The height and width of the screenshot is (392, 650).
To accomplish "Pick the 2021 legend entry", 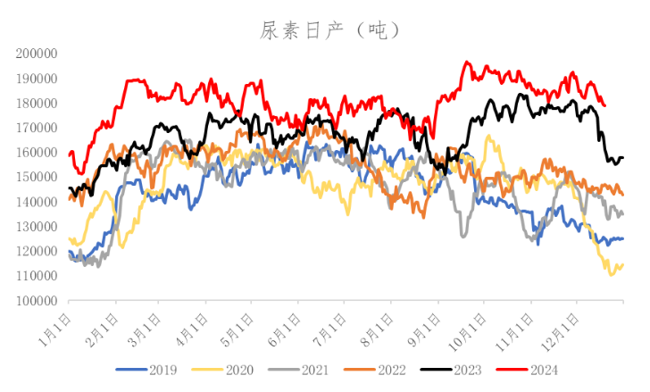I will [312, 369].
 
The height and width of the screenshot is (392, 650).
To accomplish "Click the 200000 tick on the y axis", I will [37, 54].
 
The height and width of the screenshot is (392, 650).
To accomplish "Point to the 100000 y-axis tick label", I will [37, 301].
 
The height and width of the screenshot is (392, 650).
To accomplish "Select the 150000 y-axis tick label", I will [37, 178].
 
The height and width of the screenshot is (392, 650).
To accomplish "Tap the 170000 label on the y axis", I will [37, 128].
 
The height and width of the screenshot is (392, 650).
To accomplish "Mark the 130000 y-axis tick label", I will [37, 227].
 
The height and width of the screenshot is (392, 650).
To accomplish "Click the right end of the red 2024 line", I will [605, 105].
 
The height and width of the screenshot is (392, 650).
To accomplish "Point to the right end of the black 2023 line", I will [622, 157].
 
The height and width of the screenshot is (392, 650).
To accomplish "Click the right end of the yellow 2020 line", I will [622, 265].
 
